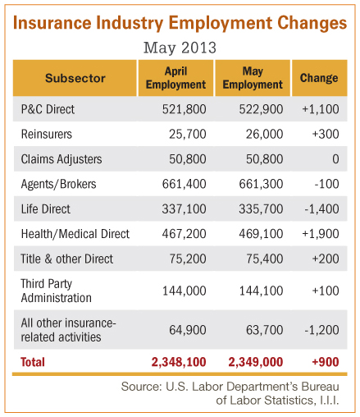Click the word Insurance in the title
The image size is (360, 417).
pos(52,22)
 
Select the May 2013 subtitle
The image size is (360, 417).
pos(180,48)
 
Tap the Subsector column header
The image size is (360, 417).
pos(75,78)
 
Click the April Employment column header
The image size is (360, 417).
pos(175,78)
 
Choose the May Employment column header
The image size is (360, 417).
pos(253,78)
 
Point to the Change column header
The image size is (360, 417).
pos(319,78)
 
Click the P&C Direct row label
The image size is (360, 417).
pos(48,109)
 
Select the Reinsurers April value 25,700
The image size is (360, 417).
pos(188,134)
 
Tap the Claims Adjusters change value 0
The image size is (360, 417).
pos(335,159)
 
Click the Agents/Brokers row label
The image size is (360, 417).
pos(58,184)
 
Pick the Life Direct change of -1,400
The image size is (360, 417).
pos(321,209)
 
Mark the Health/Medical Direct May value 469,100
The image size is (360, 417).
pos(261,234)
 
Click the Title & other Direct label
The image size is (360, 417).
pos(67,259)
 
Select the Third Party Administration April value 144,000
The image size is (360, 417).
pos(185,291)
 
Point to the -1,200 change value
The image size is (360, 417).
pos(321,330)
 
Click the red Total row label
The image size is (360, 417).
pos(33,362)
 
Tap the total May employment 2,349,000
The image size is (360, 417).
pos(256,362)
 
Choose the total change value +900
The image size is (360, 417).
pos(326,362)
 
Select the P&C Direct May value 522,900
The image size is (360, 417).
pos(261,109)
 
